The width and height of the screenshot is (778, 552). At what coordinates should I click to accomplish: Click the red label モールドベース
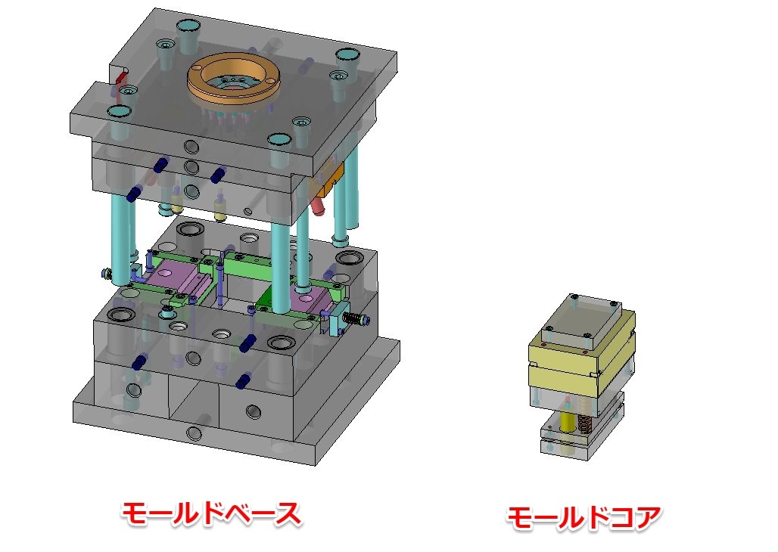click(x=211, y=514)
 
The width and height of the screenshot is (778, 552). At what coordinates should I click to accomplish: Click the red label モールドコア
click(x=583, y=518)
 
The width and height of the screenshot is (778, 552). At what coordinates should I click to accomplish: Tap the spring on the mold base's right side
click(x=353, y=318)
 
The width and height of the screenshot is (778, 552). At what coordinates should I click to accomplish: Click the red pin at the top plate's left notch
click(x=121, y=78)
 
